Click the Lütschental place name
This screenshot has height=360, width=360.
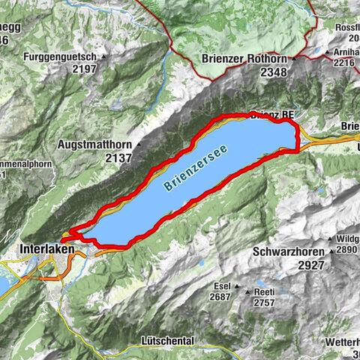pos(167,340)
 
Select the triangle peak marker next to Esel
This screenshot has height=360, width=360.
pos(237,286)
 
